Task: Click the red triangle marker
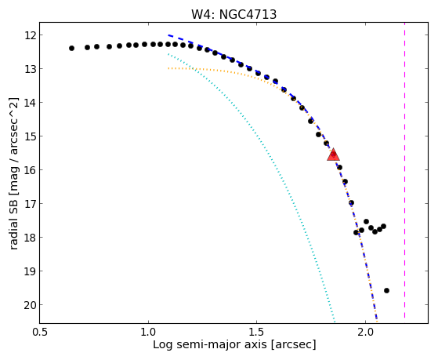pyautogui.click(x=333, y=155)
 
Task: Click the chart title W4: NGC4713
pyautogui.click(x=233, y=14)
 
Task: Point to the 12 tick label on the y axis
pyautogui.click(x=29, y=35)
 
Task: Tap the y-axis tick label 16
pyautogui.click(x=29, y=170)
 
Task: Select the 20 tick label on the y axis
pyautogui.click(x=29, y=305)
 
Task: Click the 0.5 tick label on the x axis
pyautogui.click(x=40, y=332)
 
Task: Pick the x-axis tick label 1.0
pyautogui.click(x=148, y=332)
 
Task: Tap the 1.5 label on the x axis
pyautogui.click(x=256, y=332)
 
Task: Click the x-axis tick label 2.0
pyautogui.click(x=365, y=332)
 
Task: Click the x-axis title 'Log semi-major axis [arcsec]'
pyautogui.click(x=234, y=344)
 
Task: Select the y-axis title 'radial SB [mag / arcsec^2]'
pyautogui.click(x=13, y=173)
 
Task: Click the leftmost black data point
pyautogui.click(x=71, y=48)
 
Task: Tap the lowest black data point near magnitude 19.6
pyautogui.click(x=386, y=291)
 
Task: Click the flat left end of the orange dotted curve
pyautogui.click(x=168, y=68)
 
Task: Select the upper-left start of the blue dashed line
pyautogui.click(x=168, y=35)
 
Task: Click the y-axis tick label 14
pyautogui.click(x=29, y=103)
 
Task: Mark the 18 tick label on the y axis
pyautogui.click(x=29, y=238)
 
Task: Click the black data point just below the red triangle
pyautogui.click(x=339, y=168)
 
